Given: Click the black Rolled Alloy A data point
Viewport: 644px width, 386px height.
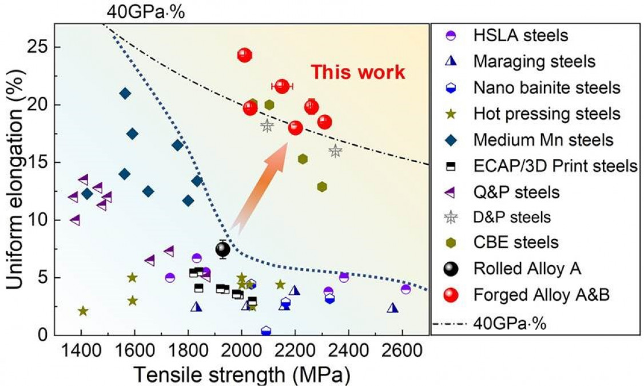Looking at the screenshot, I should tap(222, 249).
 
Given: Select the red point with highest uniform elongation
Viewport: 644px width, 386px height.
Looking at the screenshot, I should tap(245, 55).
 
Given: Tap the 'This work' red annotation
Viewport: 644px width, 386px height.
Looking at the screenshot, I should tap(357, 73).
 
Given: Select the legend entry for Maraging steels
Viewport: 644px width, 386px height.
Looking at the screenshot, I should tap(534, 61).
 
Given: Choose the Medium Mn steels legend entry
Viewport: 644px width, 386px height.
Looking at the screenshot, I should tap(543, 140).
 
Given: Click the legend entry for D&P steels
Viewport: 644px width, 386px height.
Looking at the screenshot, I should tap(512, 217).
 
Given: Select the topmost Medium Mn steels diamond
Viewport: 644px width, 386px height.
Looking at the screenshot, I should tap(125, 93).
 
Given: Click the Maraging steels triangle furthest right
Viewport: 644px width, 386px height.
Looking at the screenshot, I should tap(392, 308).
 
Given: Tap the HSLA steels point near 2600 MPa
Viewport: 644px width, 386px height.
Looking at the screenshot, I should tap(406, 289).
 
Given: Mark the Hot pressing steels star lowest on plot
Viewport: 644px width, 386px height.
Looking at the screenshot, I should tap(83, 311).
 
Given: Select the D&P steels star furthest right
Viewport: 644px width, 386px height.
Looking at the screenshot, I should tap(335, 151).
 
